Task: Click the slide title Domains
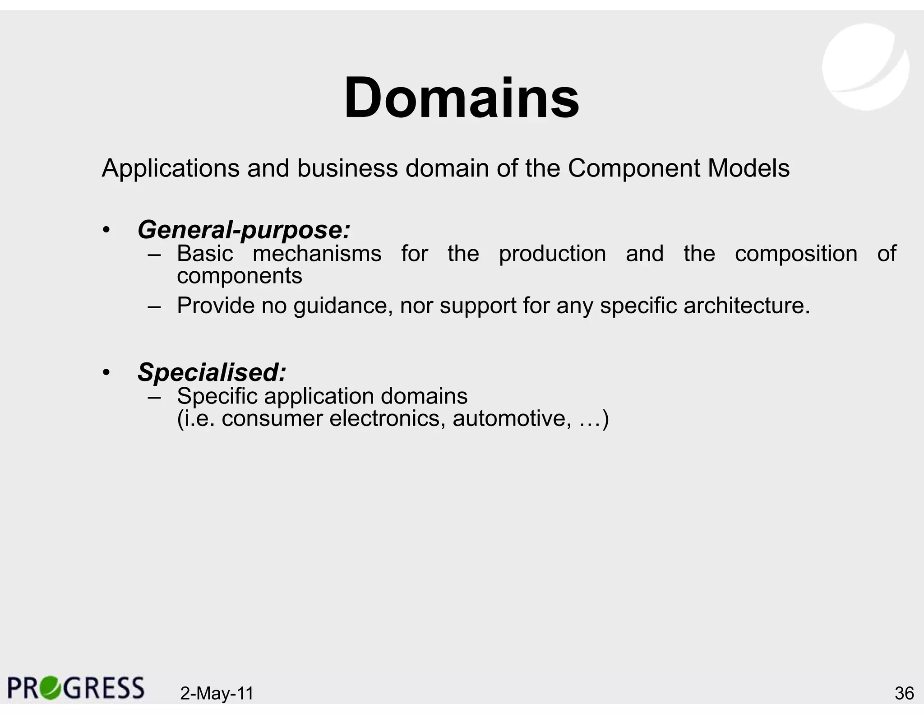[x=462, y=98]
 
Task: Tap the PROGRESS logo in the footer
[x=76, y=688]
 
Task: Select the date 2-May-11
[x=217, y=693]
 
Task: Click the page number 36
[x=904, y=693]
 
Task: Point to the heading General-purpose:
[x=244, y=230]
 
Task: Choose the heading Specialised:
[x=212, y=372]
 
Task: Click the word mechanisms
[x=317, y=254]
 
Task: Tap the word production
[x=552, y=254]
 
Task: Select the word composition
[x=796, y=254]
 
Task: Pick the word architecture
[x=746, y=306]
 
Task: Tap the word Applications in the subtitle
[x=171, y=169]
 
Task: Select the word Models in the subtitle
[x=748, y=168]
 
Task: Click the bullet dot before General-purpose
[x=106, y=230]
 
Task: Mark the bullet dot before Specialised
[x=106, y=372]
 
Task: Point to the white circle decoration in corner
[x=865, y=67]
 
